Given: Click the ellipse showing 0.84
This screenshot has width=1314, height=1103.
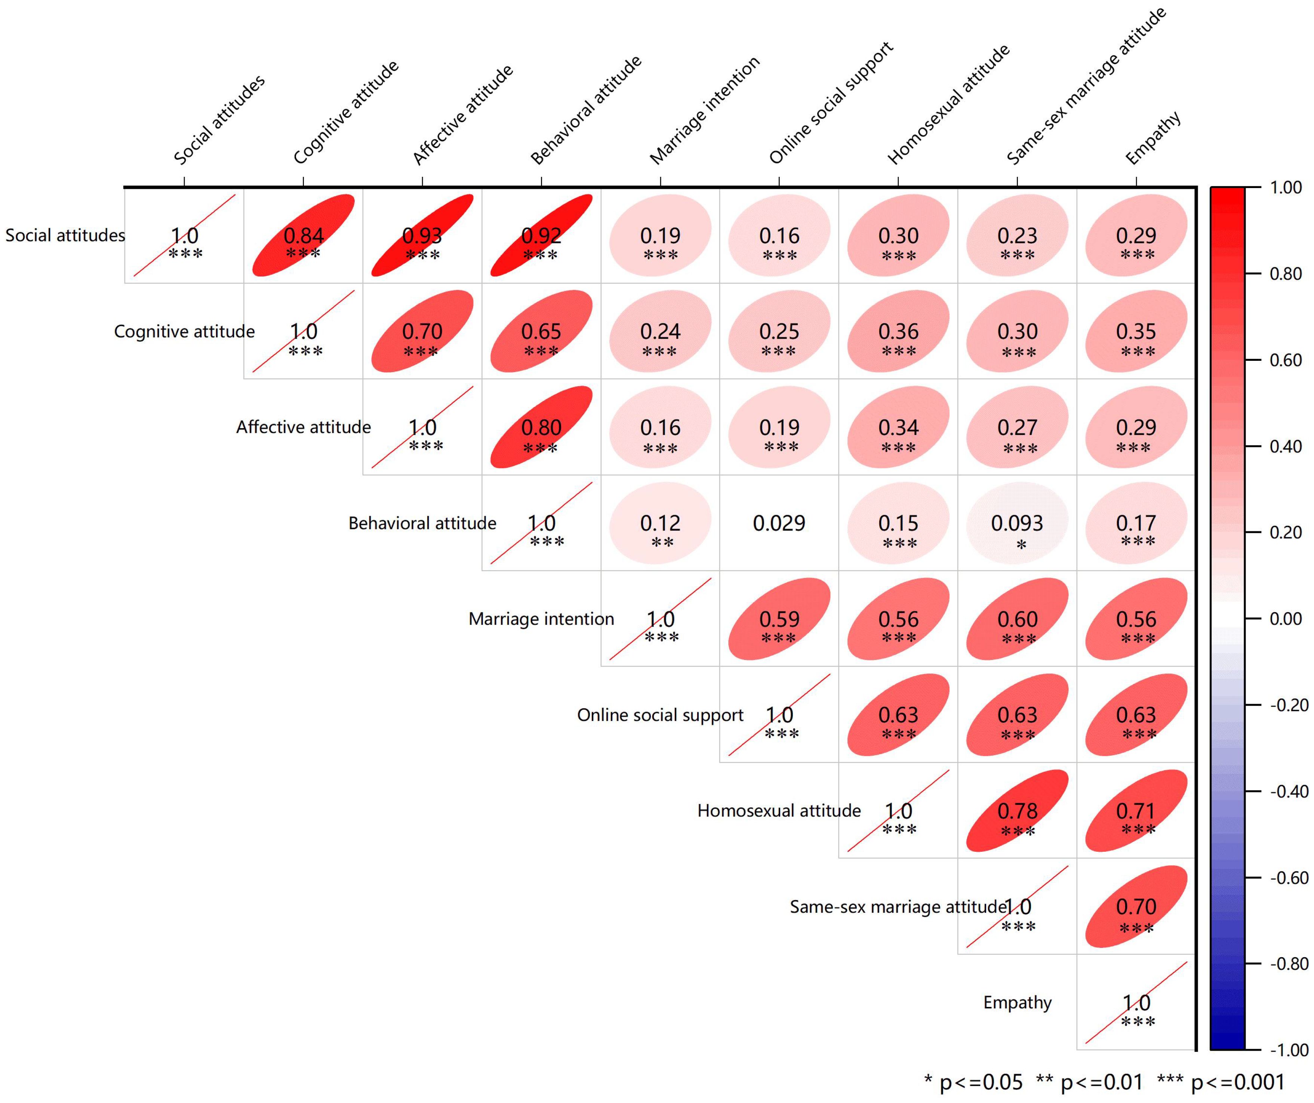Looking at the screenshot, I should (x=304, y=236).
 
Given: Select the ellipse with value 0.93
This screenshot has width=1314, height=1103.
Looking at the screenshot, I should (x=422, y=236).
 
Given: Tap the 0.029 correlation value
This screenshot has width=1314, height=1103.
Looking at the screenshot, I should (x=779, y=523).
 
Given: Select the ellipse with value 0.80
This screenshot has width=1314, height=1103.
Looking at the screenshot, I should (x=541, y=427).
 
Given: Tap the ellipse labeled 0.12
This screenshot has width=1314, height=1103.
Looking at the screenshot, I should (x=660, y=523).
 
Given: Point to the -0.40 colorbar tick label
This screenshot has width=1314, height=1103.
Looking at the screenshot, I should (x=1288, y=791).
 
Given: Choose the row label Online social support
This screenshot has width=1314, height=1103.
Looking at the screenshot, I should (x=660, y=715).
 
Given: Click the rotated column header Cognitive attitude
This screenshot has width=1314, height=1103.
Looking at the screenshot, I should (x=345, y=113).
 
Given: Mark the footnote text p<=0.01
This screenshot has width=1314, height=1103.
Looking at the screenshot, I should (x=1101, y=1082).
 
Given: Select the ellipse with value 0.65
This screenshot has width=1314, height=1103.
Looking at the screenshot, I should (x=541, y=331).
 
